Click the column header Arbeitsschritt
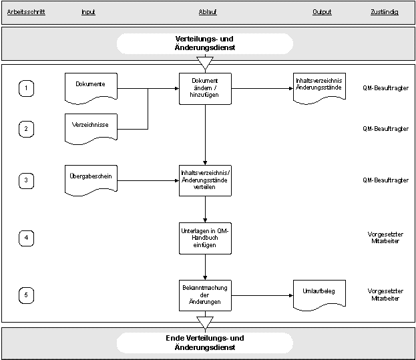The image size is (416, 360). tap(26, 12)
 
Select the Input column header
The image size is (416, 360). tap(88, 12)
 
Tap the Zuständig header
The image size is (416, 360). tap(385, 12)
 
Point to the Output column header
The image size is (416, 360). tap(322, 12)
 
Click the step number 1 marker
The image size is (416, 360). tap(26, 88)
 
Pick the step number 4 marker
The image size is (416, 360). tap(26, 238)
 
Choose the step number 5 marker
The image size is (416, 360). tap(26, 295)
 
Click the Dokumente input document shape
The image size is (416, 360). tap(91, 88)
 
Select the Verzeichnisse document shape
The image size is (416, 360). tap(91, 129)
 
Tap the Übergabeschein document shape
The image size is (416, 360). tap(91, 180)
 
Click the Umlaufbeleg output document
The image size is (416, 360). tap(319, 295)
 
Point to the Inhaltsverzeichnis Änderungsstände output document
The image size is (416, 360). tap(319, 88)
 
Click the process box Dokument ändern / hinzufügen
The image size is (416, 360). tap(205, 89)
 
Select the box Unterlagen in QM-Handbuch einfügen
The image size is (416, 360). tap(205, 238)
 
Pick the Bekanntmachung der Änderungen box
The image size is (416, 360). tap(205, 295)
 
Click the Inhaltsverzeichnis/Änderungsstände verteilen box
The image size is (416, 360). tap(205, 180)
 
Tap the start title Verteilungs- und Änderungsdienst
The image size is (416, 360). tap(205, 43)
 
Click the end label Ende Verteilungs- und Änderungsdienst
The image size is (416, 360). tap(205, 343)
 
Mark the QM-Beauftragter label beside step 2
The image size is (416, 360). tap(385, 129)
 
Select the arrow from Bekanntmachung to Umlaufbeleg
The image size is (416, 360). tap(262, 295)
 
